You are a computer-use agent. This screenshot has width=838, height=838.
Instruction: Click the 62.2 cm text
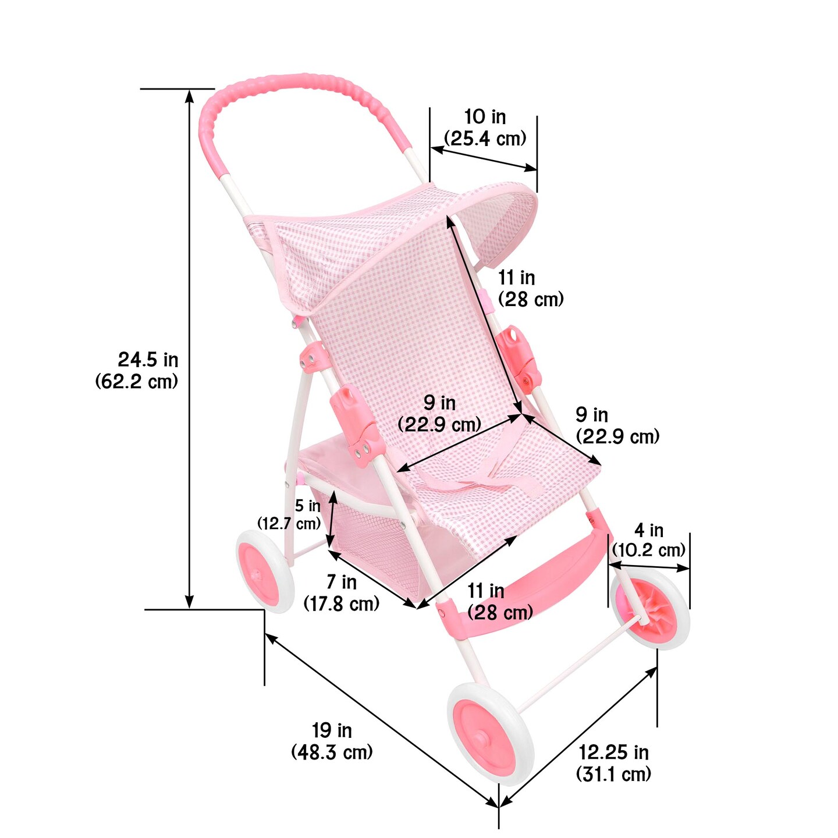click(x=137, y=381)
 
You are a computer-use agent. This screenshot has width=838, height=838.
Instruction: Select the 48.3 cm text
click(x=332, y=751)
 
